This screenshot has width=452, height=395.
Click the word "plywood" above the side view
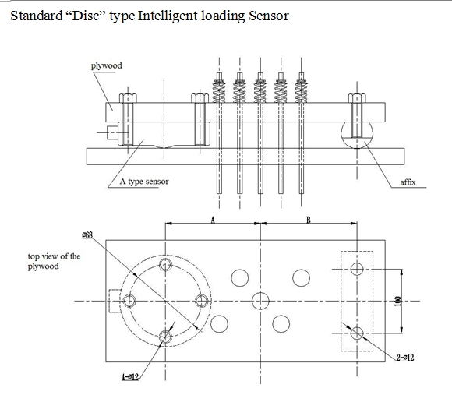pos(107,65)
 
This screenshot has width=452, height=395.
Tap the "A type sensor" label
pos(144,182)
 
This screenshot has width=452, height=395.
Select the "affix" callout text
pos(407,182)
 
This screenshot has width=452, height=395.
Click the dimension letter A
pos(212,220)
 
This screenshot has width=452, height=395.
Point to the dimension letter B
pos(309,220)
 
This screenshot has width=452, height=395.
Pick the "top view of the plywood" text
pos(54,261)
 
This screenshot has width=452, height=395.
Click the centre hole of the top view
pos(260,301)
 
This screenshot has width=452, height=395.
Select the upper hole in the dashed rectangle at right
pos(357,270)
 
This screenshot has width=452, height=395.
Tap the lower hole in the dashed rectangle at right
pos(357,333)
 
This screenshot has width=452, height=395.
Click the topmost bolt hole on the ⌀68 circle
pos(164,265)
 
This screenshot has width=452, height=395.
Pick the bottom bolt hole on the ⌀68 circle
pos(164,337)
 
